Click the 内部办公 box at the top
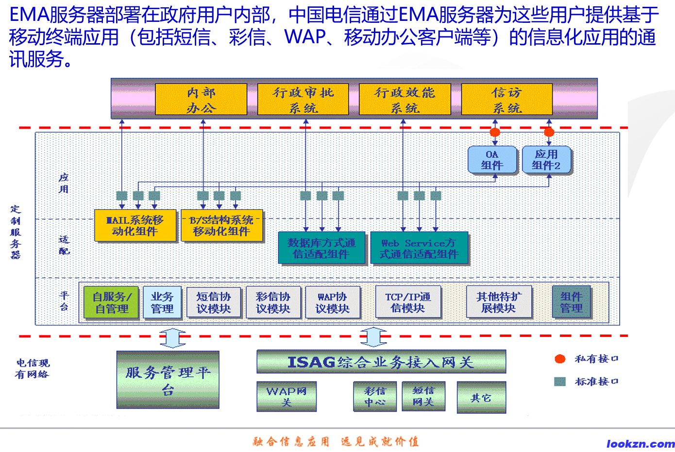[201, 100]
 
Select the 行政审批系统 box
[303, 100]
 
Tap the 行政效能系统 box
[405, 100]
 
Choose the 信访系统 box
[506, 100]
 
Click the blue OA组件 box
[491, 160]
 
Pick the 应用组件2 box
[546, 160]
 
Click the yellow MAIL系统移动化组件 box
[135, 226]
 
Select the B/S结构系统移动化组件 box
[221, 226]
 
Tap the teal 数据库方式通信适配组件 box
[321, 248]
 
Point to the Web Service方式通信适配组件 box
[419, 248]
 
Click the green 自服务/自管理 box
[111, 302]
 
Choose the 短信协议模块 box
[213, 302]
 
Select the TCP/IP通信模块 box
[408, 302]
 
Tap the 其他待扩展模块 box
[499, 302]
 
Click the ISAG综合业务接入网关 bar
[381, 362]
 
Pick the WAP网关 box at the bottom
[287, 397]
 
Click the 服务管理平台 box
[168, 380]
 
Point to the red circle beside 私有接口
[560, 359]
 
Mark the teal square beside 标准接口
[560, 382]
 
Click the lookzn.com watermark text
[641, 444]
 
